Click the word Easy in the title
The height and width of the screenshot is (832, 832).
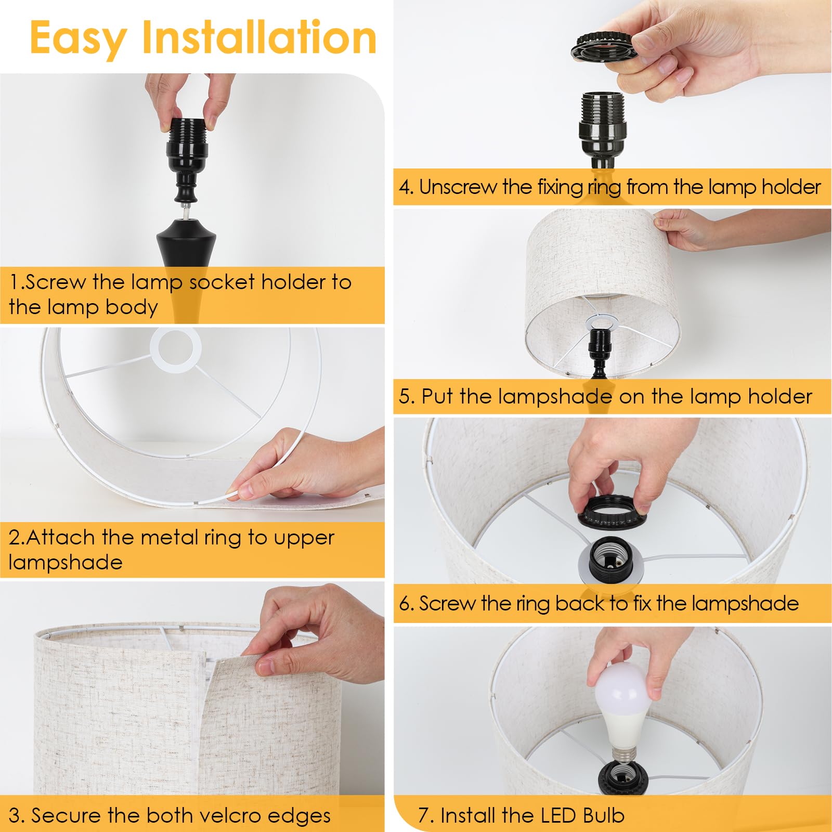coord(78,37)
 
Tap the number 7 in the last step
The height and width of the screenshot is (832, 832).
coord(424,815)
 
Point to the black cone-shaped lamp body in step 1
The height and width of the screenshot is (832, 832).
coord(186,244)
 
